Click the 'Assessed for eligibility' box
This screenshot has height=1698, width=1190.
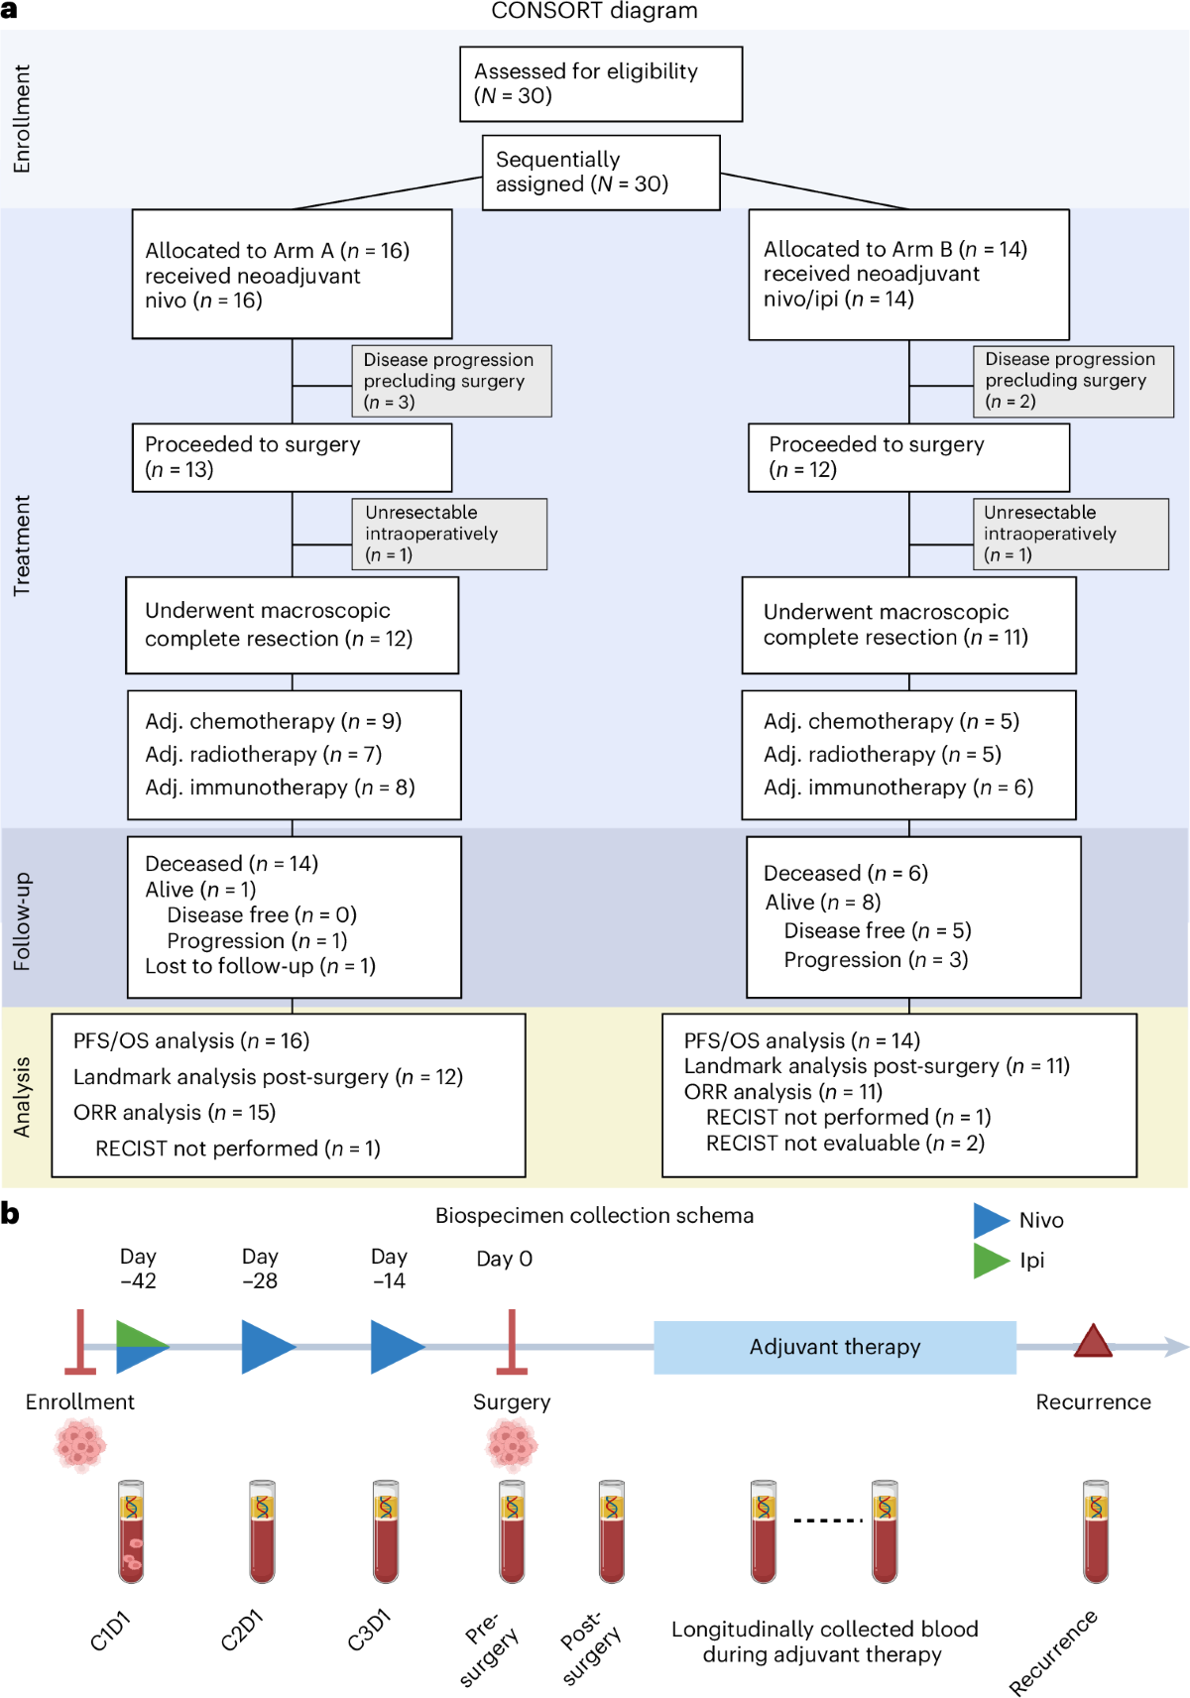pyautogui.click(x=601, y=84)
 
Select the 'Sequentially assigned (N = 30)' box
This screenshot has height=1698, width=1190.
pyautogui.click(x=601, y=172)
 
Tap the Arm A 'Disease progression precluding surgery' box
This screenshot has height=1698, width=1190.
pyautogui.click(x=451, y=381)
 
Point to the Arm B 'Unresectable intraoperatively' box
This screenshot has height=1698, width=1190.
pyautogui.click(x=1070, y=534)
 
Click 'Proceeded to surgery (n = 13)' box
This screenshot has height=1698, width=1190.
pyautogui.click(x=292, y=457)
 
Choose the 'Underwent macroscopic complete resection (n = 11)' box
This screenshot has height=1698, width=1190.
pyautogui.click(x=908, y=625)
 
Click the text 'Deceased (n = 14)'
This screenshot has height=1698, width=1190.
pyautogui.click(x=231, y=864)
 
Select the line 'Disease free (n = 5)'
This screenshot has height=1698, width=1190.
pyautogui.click(x=877, y=930)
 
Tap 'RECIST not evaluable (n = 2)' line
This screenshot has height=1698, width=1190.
pyautogui.click(x=845, y=1143)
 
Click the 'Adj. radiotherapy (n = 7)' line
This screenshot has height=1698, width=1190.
pyautogui.click(x=263, y=754)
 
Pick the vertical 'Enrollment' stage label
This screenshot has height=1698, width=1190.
pyautogui.click(x=22, y=119)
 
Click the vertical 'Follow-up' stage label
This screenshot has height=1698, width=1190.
pyautogui.click(x=22, y=921)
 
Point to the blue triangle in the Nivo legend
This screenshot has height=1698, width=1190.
pyautogui.click(x=991, y=1220)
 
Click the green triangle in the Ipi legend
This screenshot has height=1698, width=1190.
pyautogui.click(x=991, y=1261)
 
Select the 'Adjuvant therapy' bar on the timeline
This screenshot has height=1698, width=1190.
pyautogui.click(x=834, y=1347)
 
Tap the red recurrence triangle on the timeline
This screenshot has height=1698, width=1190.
pyautogui.click(x=1093, y=1341)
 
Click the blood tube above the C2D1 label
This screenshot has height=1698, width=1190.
pyautogui.click(x=262, y=1531)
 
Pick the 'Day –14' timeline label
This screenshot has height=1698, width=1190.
pyautogui.click(x=389, y=1269)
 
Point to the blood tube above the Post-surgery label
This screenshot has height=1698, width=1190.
pyautogui.click(x=612, y=1531)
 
